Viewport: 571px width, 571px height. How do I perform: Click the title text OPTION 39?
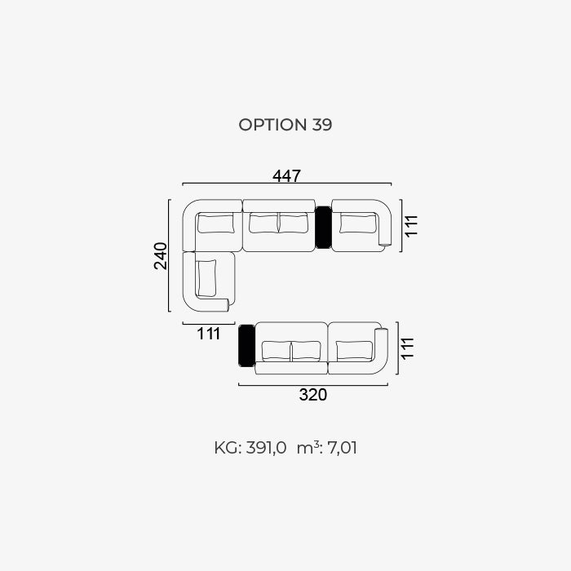click(x=285, y=125)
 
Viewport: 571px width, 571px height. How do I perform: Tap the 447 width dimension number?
click(x=286, y=176)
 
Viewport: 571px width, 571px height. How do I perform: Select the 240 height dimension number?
click(x=161, y=255)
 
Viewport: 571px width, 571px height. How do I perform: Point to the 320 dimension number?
click(x=312, y=395)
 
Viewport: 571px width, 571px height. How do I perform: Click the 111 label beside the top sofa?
click(x=411, y=226)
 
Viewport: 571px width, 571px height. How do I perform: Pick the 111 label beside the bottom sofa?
click(x=408, y=348)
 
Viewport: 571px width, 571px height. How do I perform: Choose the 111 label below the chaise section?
click(x=209, y=334)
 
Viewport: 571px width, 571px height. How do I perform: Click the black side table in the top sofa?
click(x=323, y=228)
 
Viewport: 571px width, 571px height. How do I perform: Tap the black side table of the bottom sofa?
click(x=246, y=346)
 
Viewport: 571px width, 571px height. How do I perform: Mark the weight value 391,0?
click(x=266, y=448)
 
